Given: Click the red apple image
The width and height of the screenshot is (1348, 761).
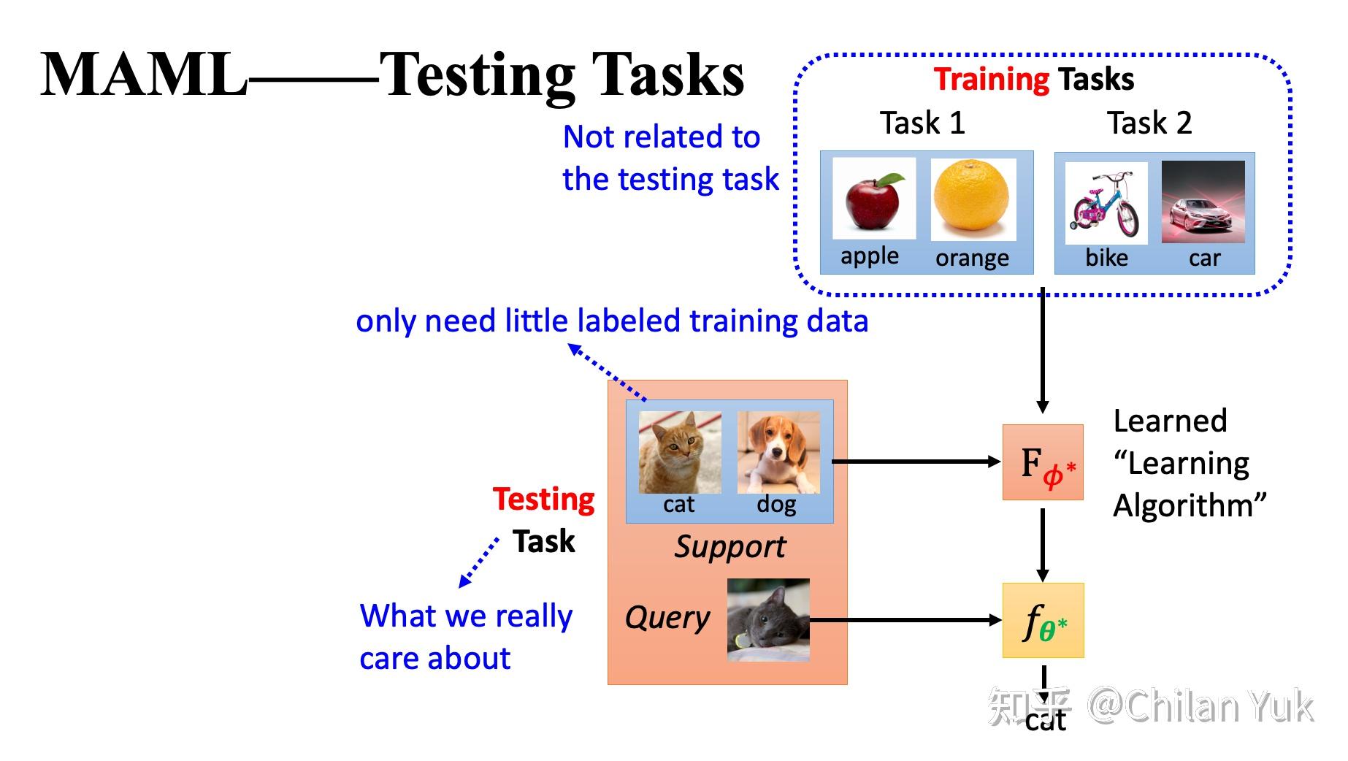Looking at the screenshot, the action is (874, 199).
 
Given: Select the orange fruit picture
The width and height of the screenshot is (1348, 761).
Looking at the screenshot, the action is (973, 199).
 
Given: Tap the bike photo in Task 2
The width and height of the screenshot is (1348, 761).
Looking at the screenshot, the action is (1106, 203).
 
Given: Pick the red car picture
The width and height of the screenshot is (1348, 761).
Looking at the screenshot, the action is (1203, 202).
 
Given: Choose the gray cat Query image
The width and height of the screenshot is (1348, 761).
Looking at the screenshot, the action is (768, 620).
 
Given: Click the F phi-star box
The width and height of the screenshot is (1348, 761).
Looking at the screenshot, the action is (1043, 462).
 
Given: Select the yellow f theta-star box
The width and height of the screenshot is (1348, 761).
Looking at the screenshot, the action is (1043, 621).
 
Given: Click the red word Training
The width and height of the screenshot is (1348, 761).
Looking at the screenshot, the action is (992, 79).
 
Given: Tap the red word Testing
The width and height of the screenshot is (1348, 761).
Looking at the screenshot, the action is (544, 500).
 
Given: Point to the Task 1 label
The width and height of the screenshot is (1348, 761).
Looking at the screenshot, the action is (922, 122).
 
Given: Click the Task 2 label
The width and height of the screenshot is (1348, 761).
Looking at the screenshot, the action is (1149, 122).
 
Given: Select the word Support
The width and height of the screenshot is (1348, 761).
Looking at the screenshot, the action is (730, 547).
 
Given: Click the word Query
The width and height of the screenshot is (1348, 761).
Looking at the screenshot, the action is (667, 618).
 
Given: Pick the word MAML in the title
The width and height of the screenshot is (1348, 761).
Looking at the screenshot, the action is (144, 74).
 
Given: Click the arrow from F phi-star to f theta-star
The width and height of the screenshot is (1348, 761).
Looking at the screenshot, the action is (1043, 545).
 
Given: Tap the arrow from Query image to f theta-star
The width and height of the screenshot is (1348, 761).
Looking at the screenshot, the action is (905, 620).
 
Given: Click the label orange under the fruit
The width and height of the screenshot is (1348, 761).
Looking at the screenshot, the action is (972, 258).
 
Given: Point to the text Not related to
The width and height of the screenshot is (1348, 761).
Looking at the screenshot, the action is (662, 137).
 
